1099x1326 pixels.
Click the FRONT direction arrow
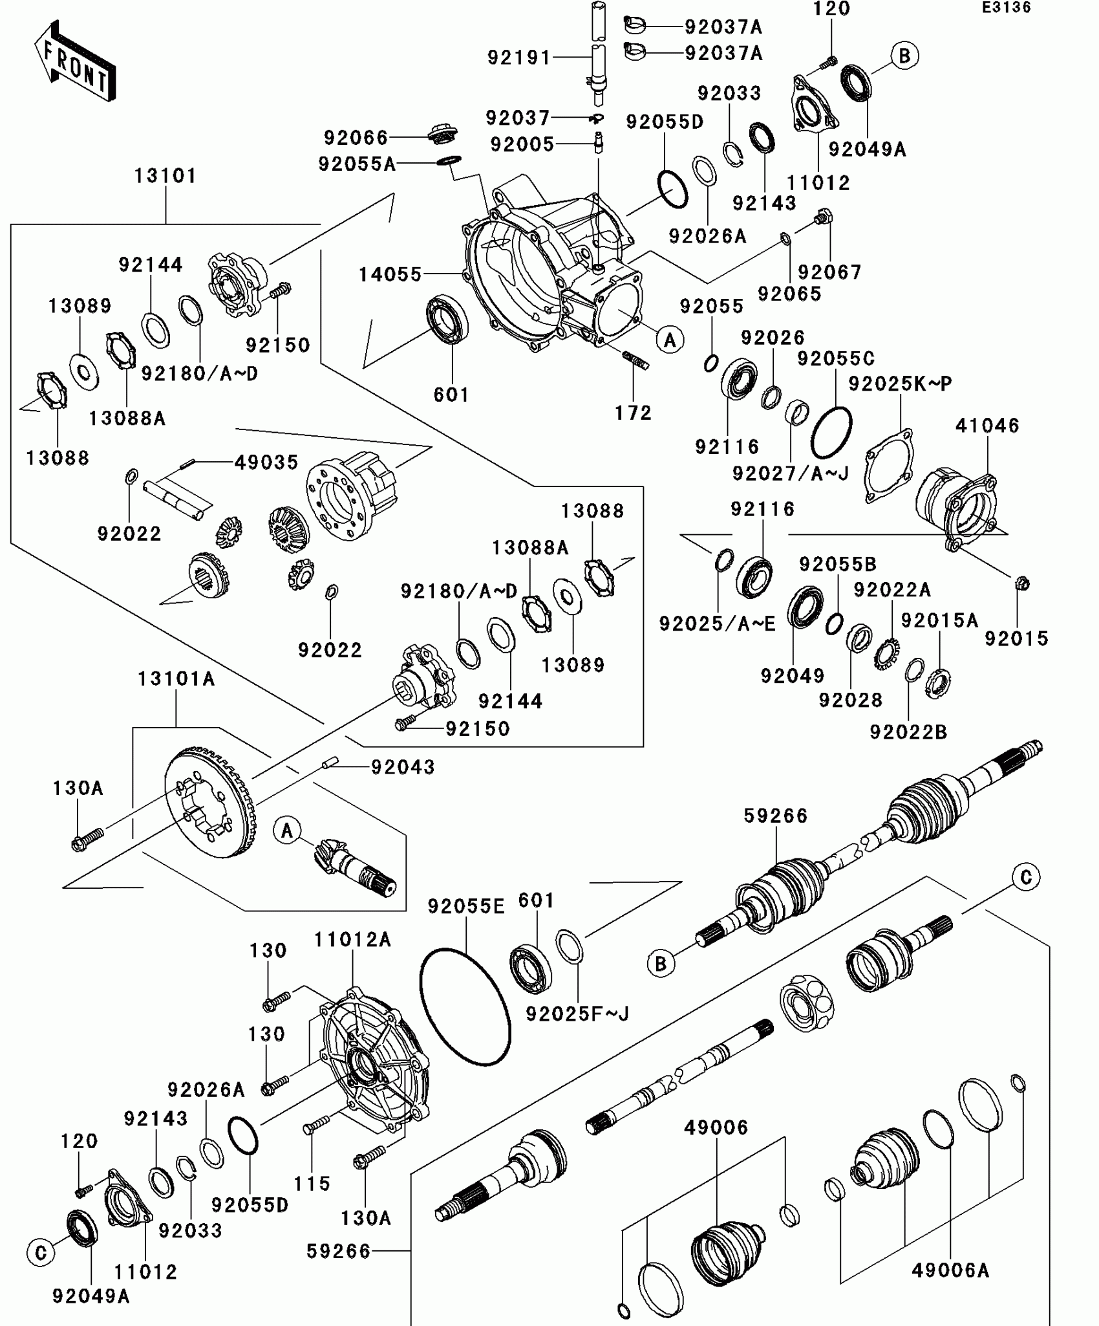coord(75,62)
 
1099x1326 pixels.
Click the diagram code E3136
coord(1007,8)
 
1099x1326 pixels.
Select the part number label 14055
coord(390,274)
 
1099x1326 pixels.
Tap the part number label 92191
coord(518,58)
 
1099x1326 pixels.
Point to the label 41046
coord(987,425)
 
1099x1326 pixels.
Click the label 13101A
coord(176,679)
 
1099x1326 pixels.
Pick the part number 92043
coord(403,766)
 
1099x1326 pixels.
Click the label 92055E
coord(465,906)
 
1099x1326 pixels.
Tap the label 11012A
coord(352,939)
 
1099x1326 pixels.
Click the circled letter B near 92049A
coord(904,56)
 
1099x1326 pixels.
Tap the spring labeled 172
coord(635,360)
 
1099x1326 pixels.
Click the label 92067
coord(830,272)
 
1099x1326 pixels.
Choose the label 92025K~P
coord(900,384)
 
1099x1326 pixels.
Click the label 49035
coord(266,462)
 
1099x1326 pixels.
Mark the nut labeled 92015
coord(1023,583)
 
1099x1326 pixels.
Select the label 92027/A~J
coord(790,473)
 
